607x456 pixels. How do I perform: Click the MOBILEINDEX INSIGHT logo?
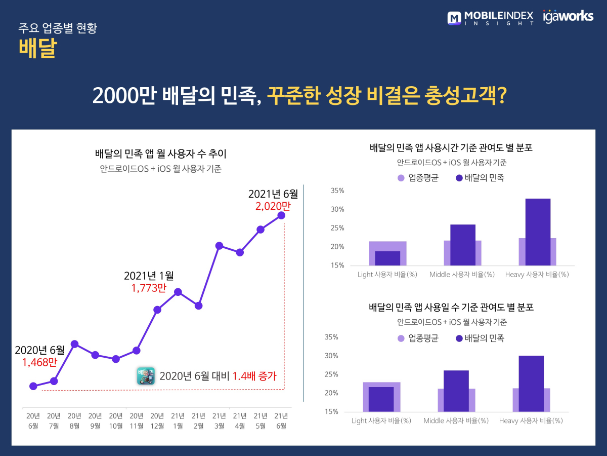pyautogui.click(x=490, y=18)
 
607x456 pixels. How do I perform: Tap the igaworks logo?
pyautogui.click(x=568, y=16)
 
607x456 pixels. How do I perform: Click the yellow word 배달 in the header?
pyautogui.click(x=37, y=49)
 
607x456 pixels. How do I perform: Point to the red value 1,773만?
pyautogui.click(x=149, y=288)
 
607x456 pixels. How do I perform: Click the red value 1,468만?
pyautogui.click(x=39, y=362)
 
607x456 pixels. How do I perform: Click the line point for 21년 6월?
pyautogui.click(x=281, y=215)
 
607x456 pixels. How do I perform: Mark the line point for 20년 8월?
pyautogui.click(x=74, y=344)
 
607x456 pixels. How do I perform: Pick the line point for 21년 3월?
pyautogui.click(x=219, y=246)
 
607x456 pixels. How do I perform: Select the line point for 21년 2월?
pyautogui.click(x=199, y=306)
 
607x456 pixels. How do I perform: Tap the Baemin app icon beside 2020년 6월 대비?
pyautogui.click(x=146, y=376)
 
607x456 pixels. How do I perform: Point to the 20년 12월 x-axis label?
pyautogui.click(x=157, y=421)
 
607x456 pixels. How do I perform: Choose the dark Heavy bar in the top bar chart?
pyautogui.click(x=538, y=232)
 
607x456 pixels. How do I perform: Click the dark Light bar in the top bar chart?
pyautogui.click(x=387, y=258)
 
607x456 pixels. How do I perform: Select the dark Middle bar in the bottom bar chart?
pyautogui.click(x=456, y=391)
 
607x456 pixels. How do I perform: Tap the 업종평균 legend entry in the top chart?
pyautogui.click(x=418, y=178)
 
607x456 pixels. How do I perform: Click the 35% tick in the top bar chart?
pyautogui.click(x=337, y=191)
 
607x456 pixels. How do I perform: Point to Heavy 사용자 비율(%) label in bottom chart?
pyautogui.click(x=531, y=421)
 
